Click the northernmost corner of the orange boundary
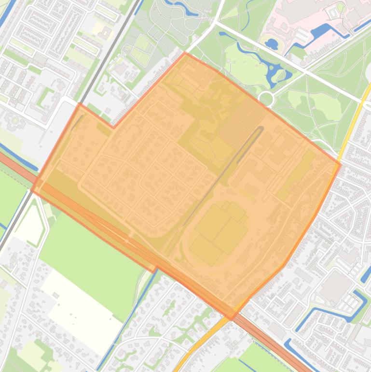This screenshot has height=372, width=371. click(x=185, y=53)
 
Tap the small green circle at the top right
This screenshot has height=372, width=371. click(x=341, y=7)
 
